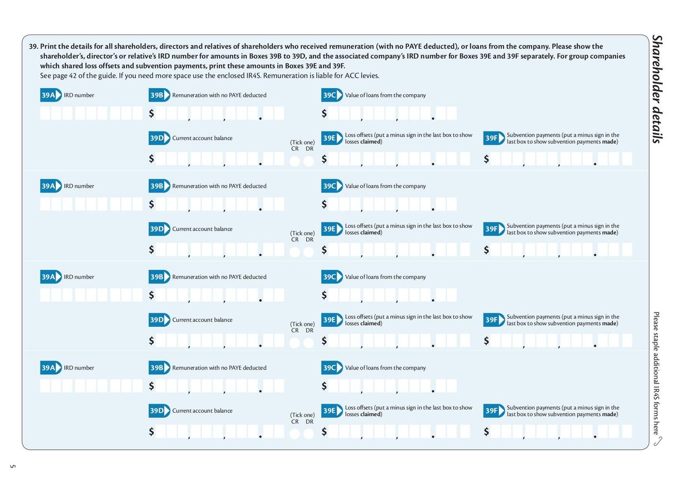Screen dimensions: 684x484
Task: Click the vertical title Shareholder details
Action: (657, 89)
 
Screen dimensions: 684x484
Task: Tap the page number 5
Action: (12, 466)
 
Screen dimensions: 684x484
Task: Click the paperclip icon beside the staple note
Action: (658, 441)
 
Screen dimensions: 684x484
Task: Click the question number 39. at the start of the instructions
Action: (34, 47)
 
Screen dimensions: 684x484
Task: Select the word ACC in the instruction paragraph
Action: (352, 75)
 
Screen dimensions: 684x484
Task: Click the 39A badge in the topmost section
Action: (51, 95)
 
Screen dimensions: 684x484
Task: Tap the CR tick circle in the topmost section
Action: (294, 161)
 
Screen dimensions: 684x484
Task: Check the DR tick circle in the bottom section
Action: (309, 434)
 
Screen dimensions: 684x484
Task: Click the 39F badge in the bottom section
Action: (494, 411)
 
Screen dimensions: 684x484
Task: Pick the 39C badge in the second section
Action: (332, 186)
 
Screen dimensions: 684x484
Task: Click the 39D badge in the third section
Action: (159, 320)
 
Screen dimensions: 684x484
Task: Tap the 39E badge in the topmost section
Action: (332, 138)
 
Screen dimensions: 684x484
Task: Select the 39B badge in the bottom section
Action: (159, 367)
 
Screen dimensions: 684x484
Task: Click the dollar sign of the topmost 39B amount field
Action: (151, 113)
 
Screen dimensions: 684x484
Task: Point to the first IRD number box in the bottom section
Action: (45, 386)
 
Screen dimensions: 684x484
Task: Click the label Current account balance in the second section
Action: (202, 229)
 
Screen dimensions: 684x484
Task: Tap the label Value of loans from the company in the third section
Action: (385, 277)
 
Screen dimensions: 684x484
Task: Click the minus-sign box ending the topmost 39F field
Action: (627, 159)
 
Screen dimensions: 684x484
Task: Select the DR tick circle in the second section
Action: (309, 252)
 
